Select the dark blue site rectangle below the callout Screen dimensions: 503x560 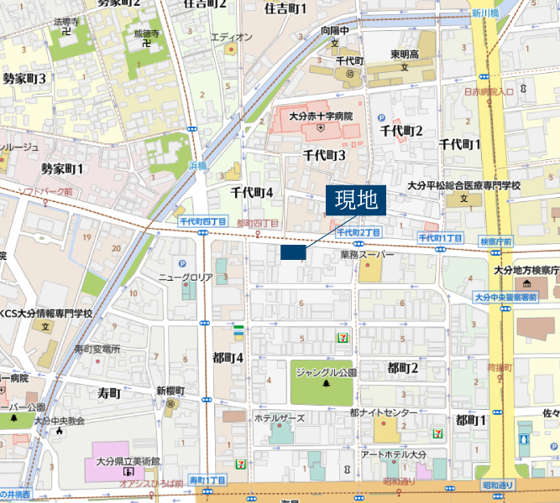click(x=293, y=252)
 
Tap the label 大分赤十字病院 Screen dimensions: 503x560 click(x=320, y=117)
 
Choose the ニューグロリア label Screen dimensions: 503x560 click(x=186, y=277)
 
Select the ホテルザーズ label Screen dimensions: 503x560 click(x=280, y=417)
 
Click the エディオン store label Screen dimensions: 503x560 click(x=231, y=37)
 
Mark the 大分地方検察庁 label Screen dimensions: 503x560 click(x=526, y=270)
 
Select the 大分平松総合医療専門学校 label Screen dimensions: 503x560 click(x=463, y=185)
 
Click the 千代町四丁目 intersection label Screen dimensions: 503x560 click(x=200, y=220)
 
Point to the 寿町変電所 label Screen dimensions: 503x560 click(x=97, y=349)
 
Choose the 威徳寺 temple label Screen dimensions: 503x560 click(x=145, y=34)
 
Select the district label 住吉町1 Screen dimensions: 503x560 click(x=285, y=9)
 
